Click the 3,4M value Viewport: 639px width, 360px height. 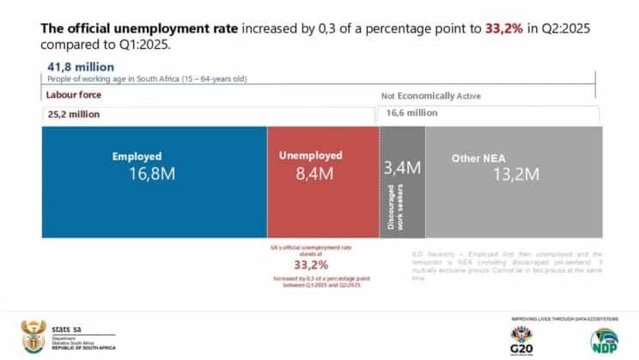coord(402,167)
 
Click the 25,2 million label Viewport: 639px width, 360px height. coord(72,113)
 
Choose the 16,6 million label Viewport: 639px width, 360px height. coord(411,113)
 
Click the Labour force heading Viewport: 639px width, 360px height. coord(72,96)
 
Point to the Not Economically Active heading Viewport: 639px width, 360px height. coord(431,97)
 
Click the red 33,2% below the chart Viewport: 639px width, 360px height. coord(311,265)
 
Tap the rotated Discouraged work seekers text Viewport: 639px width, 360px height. coord(392,207)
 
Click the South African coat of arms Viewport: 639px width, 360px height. coord(33,335)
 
